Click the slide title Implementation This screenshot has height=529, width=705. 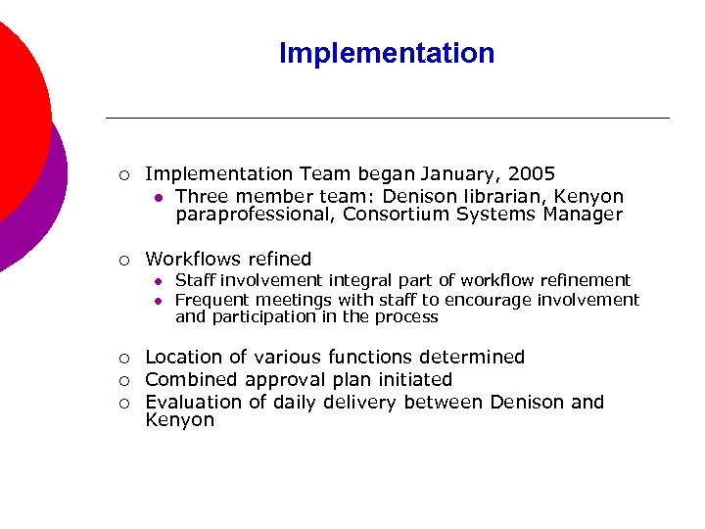coord(387,53)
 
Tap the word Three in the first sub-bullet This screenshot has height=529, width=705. coord(201,197)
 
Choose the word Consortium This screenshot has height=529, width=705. coord(397,215)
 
